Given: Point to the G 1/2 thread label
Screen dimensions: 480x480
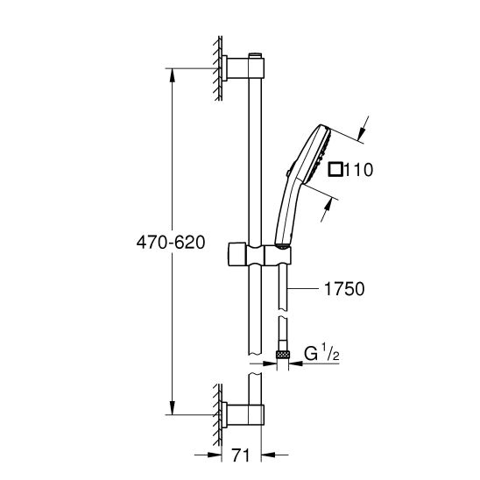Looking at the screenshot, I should pos(321,355).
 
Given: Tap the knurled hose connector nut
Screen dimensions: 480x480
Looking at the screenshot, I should pos(283,354).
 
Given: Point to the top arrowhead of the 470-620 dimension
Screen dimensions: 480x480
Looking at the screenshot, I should pos(171,73).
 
